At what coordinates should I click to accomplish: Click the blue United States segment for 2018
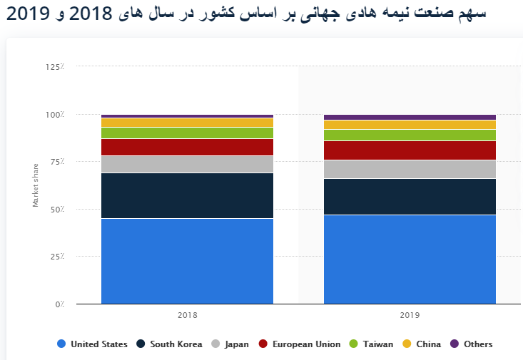click(187, 261)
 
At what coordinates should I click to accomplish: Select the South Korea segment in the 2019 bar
click(410, 197)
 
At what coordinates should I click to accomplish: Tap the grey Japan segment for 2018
click(187, 164)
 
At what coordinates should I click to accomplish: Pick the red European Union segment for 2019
click(410, 150)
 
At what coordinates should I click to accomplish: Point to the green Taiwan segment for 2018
click(187, 133)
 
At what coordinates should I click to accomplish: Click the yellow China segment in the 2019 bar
click(410, 125)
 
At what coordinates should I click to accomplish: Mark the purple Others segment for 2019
click(410, 117)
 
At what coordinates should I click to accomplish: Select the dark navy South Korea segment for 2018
click(187, 195)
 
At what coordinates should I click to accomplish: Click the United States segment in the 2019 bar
click(410, 259)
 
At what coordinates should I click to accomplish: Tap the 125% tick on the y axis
click(55, 66)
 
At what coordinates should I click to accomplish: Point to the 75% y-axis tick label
click(57, 162)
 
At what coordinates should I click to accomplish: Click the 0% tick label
click(59, 304)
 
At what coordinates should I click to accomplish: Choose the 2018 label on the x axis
click(187, 314)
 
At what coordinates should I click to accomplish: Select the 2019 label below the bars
click(410, 314)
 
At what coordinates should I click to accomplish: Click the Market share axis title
click(36, 185)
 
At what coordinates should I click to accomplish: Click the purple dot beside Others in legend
click(455, 344)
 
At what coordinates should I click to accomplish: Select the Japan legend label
click(236, 344)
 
